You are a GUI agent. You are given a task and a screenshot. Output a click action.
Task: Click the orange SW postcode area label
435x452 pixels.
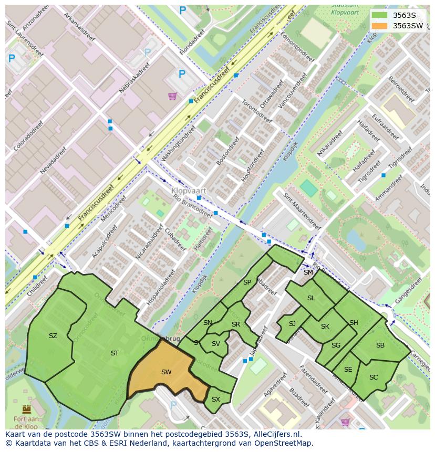point(166,372)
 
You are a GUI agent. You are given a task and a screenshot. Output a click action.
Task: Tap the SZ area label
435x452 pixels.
point(53,336)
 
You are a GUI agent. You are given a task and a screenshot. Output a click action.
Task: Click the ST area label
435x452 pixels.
point(115,353)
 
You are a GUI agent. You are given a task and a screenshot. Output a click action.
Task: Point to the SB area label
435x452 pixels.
point(380,345)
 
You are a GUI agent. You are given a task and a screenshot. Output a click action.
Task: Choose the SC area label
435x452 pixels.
point(374,377)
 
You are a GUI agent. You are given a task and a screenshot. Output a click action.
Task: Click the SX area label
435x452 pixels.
point(215,400)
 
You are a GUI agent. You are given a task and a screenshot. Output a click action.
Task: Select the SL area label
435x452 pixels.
point(311,298)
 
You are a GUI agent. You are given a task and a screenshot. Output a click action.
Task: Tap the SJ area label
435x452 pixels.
point(292,324)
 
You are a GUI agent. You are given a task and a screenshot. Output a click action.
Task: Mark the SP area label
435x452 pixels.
point(247,282)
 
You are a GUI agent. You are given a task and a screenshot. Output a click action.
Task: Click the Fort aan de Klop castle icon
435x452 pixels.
point(26,408)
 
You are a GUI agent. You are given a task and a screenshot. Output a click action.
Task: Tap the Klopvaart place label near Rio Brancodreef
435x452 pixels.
point(189,191)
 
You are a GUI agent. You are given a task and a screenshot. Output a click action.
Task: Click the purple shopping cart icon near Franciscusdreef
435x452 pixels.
point(172,96)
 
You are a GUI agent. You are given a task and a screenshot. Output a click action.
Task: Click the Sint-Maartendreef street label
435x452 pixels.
point(302,211)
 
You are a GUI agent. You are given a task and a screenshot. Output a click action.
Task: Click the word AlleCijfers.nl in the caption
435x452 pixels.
point(276,434)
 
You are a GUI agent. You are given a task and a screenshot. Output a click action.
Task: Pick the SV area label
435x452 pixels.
point(216,344)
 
